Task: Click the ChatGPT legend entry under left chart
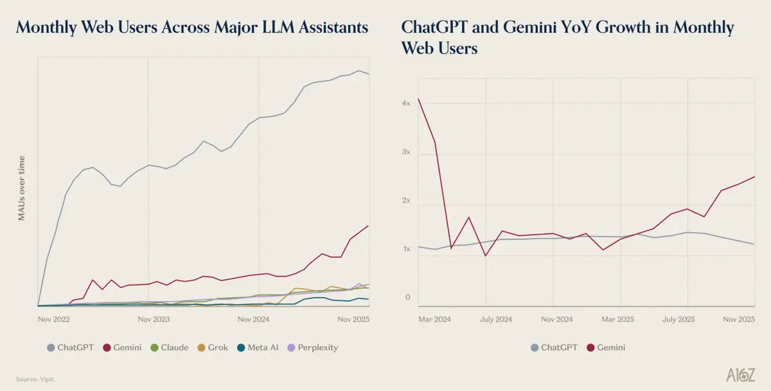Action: click(x=70, y=347)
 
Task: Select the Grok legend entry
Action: click(x=212, y=347)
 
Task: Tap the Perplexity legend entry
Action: click(x=312, y=347)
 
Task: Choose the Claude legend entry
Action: click(x=169, y=347)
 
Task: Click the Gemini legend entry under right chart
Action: click(x=606, y=347)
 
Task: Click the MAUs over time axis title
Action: click(x=21, y=188)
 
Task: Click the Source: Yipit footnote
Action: click(x=36, y=379)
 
